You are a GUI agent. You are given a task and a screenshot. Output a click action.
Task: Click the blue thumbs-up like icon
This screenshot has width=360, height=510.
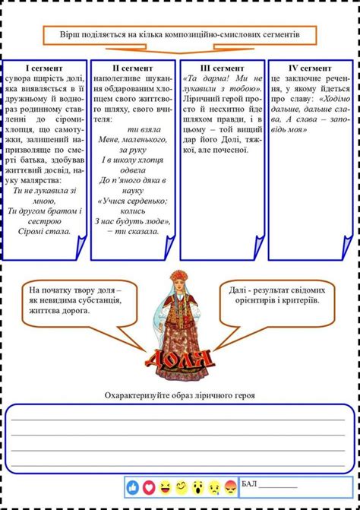tap(133, 486)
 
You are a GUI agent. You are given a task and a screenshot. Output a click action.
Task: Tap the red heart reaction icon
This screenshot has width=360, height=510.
tap(149, 486)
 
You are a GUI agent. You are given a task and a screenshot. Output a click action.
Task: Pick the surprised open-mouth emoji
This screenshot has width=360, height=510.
tap(197, 486)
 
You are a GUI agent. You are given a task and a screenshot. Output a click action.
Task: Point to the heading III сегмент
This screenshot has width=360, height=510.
tap(222, 68)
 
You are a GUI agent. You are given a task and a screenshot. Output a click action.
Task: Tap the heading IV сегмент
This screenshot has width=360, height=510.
tap(311, 68)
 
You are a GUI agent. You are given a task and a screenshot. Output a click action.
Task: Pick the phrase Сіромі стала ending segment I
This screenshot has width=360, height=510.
tap(45, 231)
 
